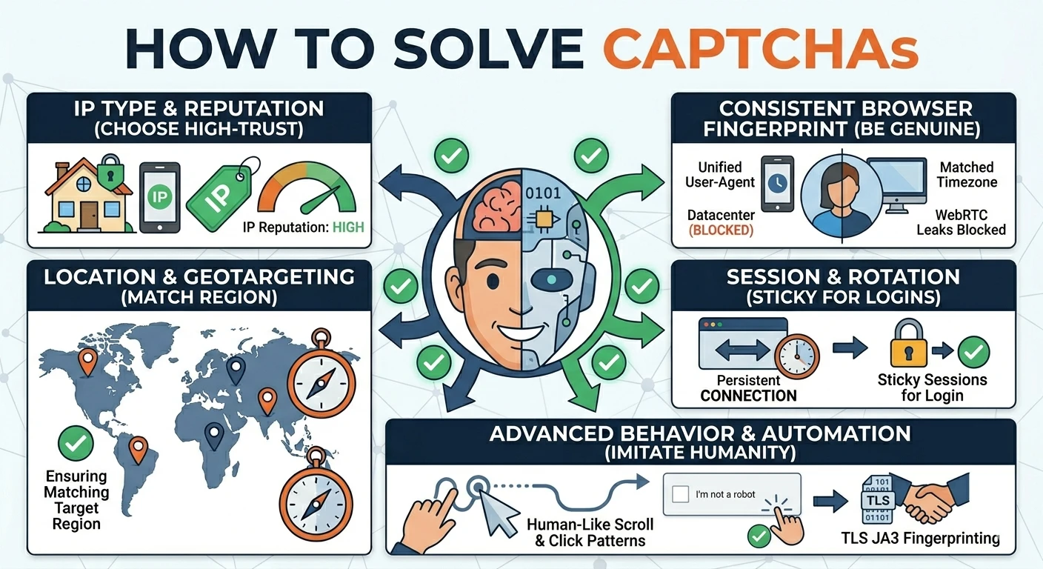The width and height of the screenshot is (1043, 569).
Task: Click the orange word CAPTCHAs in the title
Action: (x=760, y=48)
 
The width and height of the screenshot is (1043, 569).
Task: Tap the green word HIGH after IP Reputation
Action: (x=348, y=227)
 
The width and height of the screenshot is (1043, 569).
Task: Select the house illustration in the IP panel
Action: (x=87, y=196)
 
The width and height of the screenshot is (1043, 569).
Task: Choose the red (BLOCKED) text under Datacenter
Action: (x=720, y=230)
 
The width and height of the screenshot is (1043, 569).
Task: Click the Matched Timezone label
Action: (x=967, y=175)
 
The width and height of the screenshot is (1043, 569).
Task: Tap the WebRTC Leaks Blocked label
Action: (x=961, y=222)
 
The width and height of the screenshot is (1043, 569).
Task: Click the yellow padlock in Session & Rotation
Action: (x=908, y=344)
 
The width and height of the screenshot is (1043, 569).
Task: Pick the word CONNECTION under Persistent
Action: (x=748, y=396)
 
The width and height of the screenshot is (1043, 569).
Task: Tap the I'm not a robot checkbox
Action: (x=680, y=494)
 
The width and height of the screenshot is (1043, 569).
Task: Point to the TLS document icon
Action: (x=877, y=499)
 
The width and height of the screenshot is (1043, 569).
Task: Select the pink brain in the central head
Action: (x=496, y=205)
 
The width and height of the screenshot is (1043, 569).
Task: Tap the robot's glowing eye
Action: (x=551, y=279)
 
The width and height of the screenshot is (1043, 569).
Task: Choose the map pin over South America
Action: (x=139, y=449)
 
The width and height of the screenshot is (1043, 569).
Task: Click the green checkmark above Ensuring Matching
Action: (x=76, y=443)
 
